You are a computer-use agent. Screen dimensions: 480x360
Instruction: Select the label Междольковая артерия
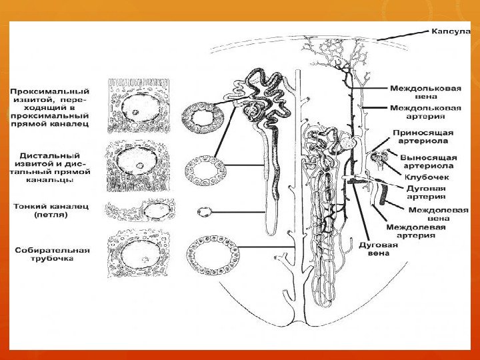click(425, 111)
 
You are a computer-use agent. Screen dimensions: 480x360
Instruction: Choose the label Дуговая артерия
click(425, 192)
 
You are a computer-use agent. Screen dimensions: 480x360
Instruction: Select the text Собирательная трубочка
click(53, 254)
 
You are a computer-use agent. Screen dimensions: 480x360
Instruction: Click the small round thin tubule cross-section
click(205, 212)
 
